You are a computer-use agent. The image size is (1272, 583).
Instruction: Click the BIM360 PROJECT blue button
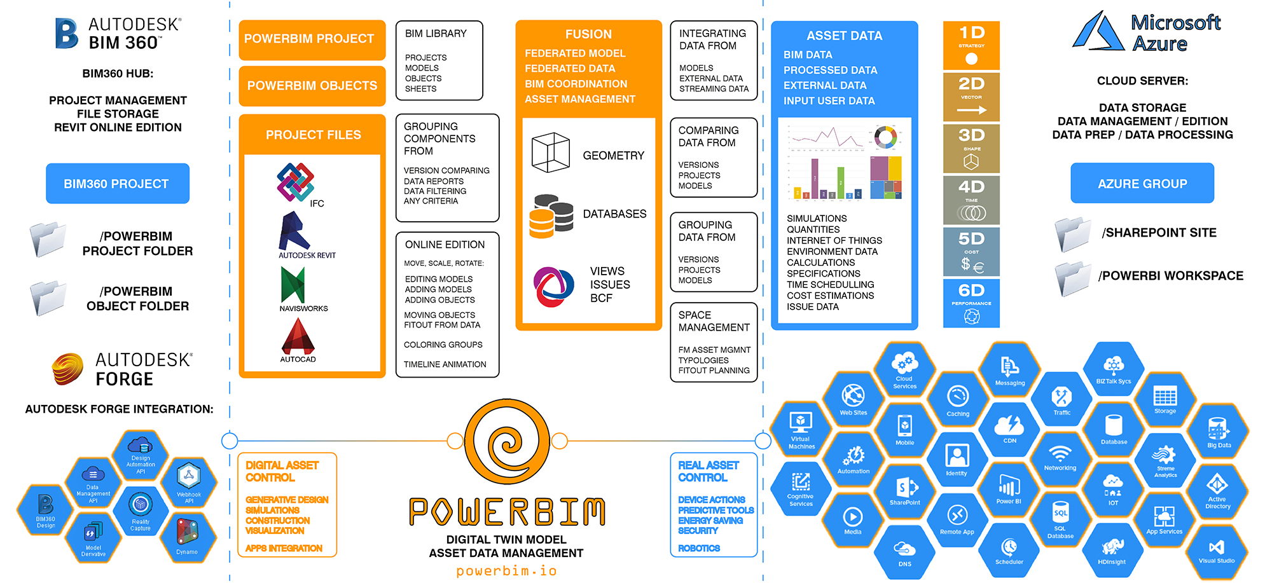pyautogui.click(x=117, y=184)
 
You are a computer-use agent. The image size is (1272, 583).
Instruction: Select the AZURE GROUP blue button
pyautogui.click(x=1142, y=184)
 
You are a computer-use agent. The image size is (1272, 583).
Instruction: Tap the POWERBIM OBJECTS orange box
pyautogui.click(x=312, y=86)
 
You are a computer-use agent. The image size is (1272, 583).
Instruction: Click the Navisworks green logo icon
pyautogui.click(x=293, y=285)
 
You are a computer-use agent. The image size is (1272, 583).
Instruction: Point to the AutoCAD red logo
pyautogui.click(x=298, y=336)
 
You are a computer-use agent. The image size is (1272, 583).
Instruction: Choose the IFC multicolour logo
pyautogui.click(x=295, y=182)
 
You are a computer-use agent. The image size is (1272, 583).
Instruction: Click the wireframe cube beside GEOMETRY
pyautogui.click(x=550, y=153)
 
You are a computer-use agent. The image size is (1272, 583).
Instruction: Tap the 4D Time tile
pyautogui.click(x=971, y=200)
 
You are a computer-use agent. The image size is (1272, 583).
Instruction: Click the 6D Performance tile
pyautogui.click(x=971, y=303)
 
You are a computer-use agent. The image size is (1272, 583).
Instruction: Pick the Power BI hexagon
pyautogui.click(x=1009, y=490)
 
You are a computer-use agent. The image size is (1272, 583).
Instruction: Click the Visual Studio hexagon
pyautogui.click(x=1216, y=551)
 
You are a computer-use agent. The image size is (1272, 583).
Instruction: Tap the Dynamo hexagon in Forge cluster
pyautogui.click(x=187, y=535)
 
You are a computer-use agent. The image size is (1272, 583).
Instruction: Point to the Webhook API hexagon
pyautogui.click(x=189, y=481)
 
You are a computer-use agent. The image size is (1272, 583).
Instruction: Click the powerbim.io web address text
pyautogui.click(x=506, y=571)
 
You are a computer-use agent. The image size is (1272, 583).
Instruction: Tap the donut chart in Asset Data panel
pyautogui.click(x=885, y=136)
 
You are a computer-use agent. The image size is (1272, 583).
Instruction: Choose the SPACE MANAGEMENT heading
pyautogui.click(x=714, y=321)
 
